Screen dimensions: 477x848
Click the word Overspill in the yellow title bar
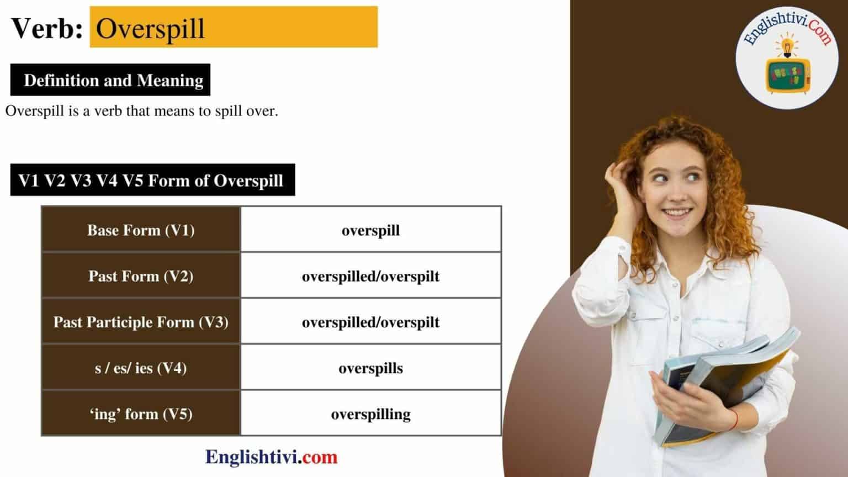pyautogui.click(x=150, y=28)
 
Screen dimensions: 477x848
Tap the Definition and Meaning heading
pyautogui.click(x=113, y=81)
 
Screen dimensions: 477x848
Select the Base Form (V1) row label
pyautogui.click(x=141, y=230)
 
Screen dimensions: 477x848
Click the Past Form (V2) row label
pyautogui.click(x=141, y=276)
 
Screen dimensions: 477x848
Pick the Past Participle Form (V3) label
pyautogui.click(x=141, y=322)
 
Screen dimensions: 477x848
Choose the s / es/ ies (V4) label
pyautogui.click(x=141, y=368)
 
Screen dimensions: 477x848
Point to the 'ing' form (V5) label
pyautogui.click(x=141, y=414)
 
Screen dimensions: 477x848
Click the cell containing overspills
pyautogui.click(x=370, y=368)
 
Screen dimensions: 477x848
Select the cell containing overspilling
pyautogui.click(x=370, y=414)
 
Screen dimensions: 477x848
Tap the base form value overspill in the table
pyautogui.click(x=370, y=231)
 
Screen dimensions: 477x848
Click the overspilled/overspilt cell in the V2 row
pyautogui.click(x=370, y=277)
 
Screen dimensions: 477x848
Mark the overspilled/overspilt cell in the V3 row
pyautogui.click(x=370, y=322)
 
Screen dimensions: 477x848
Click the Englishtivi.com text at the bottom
pyautogui.click(x=271, y=457)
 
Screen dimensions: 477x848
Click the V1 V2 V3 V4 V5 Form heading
pyautogui.click(x=151, y=181)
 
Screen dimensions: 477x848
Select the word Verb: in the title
pyautogui.click(x=47, y=28)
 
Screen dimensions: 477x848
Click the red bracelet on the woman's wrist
pyautogui.click(x=734, y=420)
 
